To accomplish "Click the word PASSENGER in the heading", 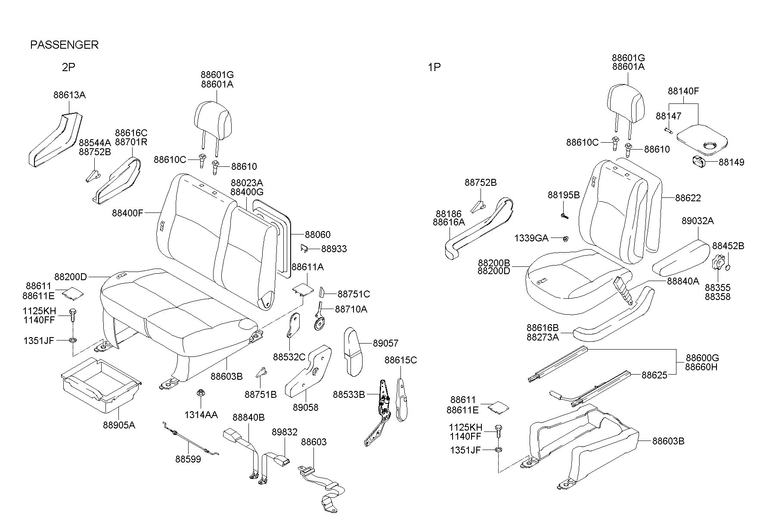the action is (x=64, y=45).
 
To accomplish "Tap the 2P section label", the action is (x=68, y=67).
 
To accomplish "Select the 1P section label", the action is (x=434, y=67).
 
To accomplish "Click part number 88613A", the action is (x=69, y=95).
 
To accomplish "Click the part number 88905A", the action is (x=119, y=425).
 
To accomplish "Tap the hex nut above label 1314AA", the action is (x=200, y=393).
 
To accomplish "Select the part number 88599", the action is (x=188, y=459).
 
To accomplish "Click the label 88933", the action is (x=334, y=249).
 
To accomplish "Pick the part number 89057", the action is (x=386, y=344).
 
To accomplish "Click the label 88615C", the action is (x=400, y=360).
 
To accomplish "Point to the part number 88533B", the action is (x=349, y=394).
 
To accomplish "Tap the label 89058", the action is (x=306, y=407).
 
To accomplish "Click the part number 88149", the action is (x=731, y=163).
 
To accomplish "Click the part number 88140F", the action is (x=683, y=91).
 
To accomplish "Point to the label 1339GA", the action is (x=531, y=238).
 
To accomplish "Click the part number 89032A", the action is (x=698, y=221).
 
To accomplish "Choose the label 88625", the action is (x=654, y=375).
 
